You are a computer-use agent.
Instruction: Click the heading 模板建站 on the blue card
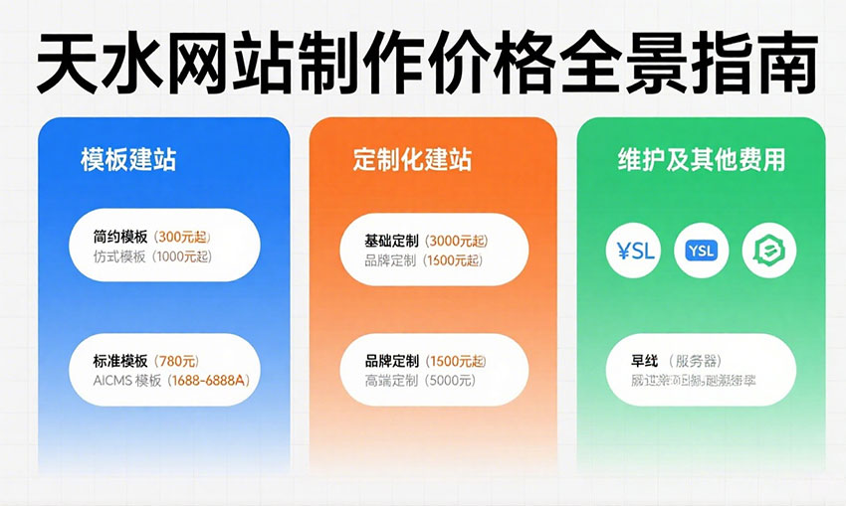click(128, 160)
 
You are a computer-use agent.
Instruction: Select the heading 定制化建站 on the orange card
click(412, 160)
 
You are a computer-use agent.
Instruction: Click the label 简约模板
click(120, 238)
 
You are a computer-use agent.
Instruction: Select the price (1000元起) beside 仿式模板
click(182, 257)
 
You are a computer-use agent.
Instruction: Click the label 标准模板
click(120, 360)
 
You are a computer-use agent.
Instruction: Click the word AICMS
click(112, 380)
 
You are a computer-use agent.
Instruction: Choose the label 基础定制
click(392, 241)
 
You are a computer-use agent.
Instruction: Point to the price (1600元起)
click(453, 260)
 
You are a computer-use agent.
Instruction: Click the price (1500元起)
click(456, 360)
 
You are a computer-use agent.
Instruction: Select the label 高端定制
click(392, 380)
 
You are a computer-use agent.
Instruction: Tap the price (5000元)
click(449, 380)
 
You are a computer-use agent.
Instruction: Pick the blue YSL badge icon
click(701, 251)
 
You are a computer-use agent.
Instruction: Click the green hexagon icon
click(769, 251)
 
